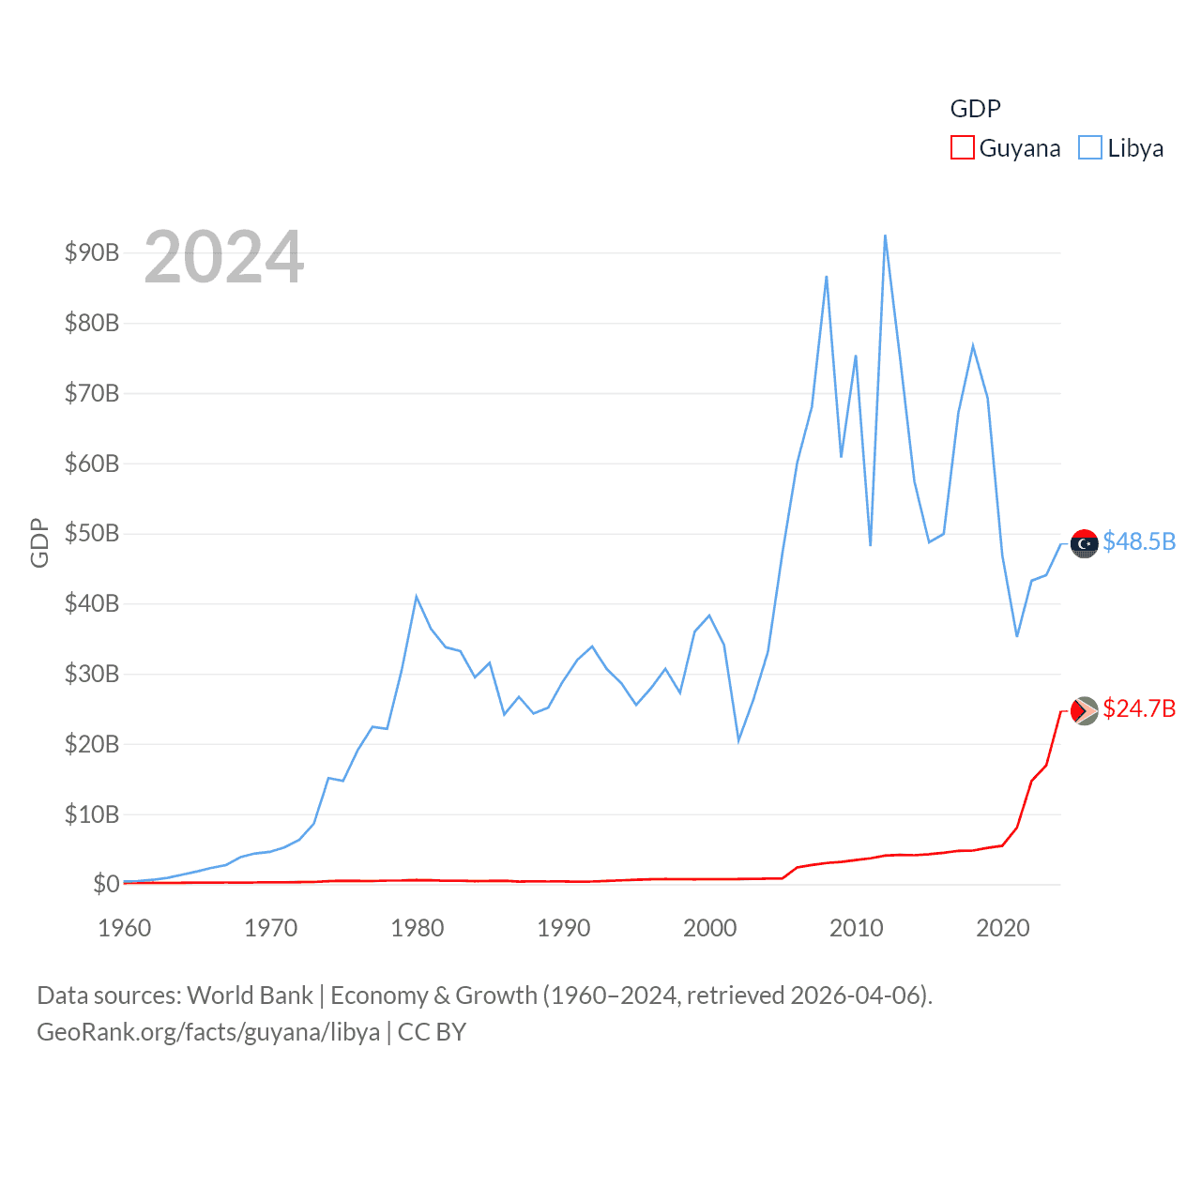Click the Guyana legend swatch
pos(962,148)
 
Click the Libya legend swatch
pos(1089,148)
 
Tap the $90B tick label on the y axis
pos(92,252)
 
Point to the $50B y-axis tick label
pos(92,534)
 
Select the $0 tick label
pos(106,884)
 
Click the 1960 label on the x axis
pos(125,928)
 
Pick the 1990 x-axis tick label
pos(563,928)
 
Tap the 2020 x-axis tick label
pos(1002,928)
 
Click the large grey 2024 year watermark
pos(224,257)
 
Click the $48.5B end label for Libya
pos(1139,542)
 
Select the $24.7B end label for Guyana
pos(1139,708)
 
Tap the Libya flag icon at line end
pos(1085,543)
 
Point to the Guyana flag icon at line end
pos(1085,710)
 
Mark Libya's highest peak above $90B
pos(885,236)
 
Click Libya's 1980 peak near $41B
pos(417,597)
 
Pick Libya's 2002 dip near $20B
pos(738,741)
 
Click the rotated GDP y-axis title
pos(39,542)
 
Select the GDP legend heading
pos(975,109)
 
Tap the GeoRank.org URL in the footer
pos(208,1032)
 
